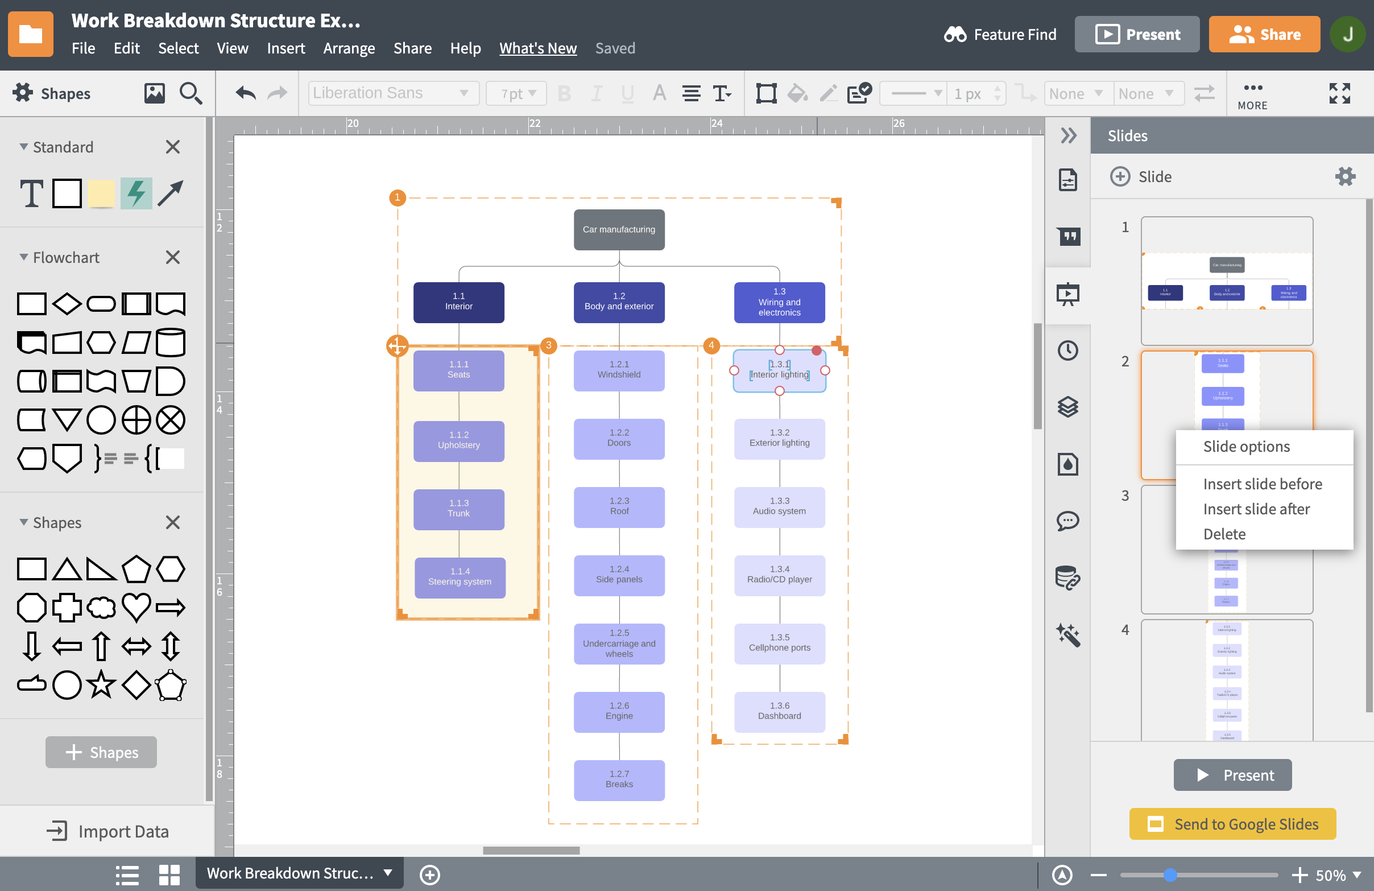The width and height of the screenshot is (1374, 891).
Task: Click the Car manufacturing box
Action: tap(619, 229)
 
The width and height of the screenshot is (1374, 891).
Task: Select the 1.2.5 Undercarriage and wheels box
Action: tap(619, 643)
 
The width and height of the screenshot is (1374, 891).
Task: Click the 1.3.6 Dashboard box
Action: tap(779, 711)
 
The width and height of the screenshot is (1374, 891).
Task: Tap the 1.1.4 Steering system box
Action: tap(460, 577)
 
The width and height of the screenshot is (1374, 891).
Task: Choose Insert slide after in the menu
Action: tap(1256, 509)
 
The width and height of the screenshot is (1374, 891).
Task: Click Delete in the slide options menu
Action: tap(1224, 534)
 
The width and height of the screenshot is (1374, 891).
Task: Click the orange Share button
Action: tap(1264, 35)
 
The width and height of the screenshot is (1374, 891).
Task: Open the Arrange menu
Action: tap(349, 48)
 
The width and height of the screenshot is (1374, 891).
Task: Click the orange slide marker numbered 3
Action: tap(548, 345)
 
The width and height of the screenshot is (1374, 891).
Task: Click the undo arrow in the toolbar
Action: tap(246, 93)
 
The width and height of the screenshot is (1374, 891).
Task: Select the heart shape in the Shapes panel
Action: tap(136, 607)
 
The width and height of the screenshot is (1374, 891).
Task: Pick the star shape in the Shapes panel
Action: tap(102, 685)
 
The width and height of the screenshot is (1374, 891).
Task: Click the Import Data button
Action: tap(108, 831)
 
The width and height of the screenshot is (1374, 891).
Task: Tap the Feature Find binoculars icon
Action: tap(955, 35)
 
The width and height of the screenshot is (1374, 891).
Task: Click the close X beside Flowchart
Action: tap(173, 258)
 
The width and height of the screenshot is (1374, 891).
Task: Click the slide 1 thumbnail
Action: tap(1227, 281)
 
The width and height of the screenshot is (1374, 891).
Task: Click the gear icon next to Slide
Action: tap(1344, 176)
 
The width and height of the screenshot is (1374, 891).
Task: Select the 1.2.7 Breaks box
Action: tap(619, 779)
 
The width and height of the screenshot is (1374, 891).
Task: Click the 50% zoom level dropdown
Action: tap(1337, 875)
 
